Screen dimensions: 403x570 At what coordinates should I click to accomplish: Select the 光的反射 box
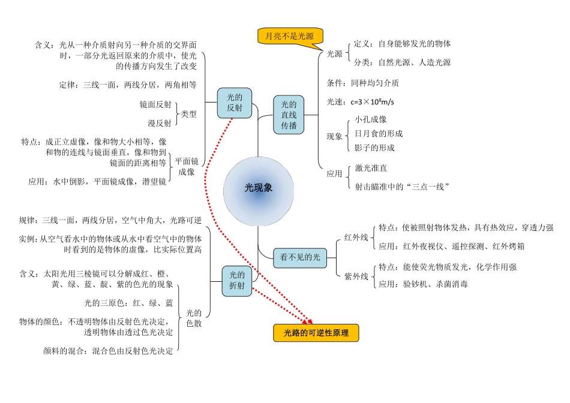pyautogui.click(x=234, y=103)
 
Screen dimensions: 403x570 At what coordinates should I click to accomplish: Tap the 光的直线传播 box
pyautogui.click(x=289, y=115)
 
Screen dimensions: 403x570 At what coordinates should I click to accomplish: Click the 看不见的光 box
pyautogui.click(x=300, y=257)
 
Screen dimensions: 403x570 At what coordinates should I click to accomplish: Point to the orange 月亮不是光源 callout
pyautogui.click(x=289, y=36)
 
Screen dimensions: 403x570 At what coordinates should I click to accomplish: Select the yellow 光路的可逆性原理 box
pyautogui.click(x=316, y=333)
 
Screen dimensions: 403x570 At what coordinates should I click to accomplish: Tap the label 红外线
pyautogui.click(x=356, y=237)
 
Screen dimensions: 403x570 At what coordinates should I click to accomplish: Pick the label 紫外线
pyautogui.click(x=356, y=276)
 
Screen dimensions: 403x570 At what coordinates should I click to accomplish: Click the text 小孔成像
pyautogui.click(x=371, y=119)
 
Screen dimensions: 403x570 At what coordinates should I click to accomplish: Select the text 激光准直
pyautogui.click(x=371, y=169)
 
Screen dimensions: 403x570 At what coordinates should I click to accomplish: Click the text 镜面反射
pyautogui.click(x=155, y=104)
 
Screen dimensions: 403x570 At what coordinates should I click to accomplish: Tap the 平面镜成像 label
pyautogui.click(x=187, y=166)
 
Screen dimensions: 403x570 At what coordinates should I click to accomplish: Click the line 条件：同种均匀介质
pyautogui.click(x=362, y=83)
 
